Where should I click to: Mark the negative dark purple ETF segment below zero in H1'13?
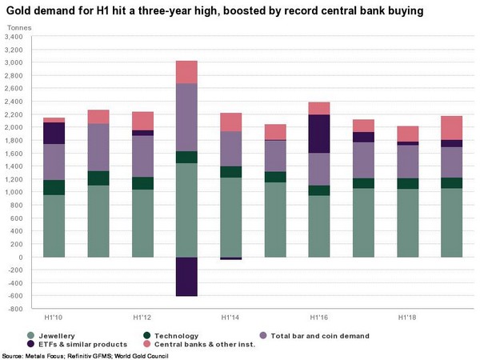[x=186, y=277]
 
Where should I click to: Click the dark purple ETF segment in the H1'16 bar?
[x=318, y=134]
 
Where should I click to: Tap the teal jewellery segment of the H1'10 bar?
[x=54, y=226]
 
